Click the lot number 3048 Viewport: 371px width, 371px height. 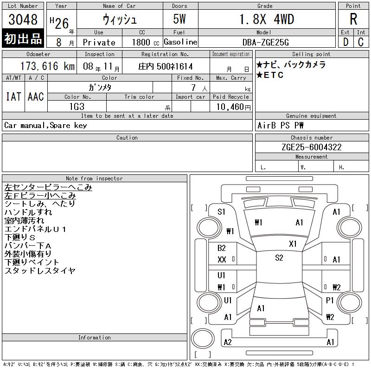tap(23, 19)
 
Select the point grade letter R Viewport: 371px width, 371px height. tap(353, 19)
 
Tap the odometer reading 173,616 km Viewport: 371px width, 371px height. tap(47, 66)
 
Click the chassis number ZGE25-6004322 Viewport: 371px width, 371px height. tap(311, 147)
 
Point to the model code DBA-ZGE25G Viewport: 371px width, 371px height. tap(265, 42)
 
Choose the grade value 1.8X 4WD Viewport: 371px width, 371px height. tap(267, 19)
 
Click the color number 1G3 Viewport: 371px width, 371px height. tap(77, 107)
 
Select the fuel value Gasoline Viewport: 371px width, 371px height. tap(180, 42)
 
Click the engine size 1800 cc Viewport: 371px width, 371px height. tap(146, 42)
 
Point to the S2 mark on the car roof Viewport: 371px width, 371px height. tap(279, 258)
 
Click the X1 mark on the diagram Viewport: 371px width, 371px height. tap(293, 244)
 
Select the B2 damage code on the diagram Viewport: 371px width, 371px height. tap(222, 248)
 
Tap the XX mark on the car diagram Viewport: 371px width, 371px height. tap(222, 260)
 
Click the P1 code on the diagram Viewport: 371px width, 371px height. tap(330, 301)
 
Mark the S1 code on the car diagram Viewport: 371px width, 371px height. tap(222, 212)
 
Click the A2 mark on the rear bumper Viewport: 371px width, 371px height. tap(228, 342)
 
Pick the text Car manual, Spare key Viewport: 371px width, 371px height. tap(45, 125)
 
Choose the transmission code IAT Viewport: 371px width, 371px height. tap(13, 96)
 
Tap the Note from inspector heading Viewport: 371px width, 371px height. tap(94, 179)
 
